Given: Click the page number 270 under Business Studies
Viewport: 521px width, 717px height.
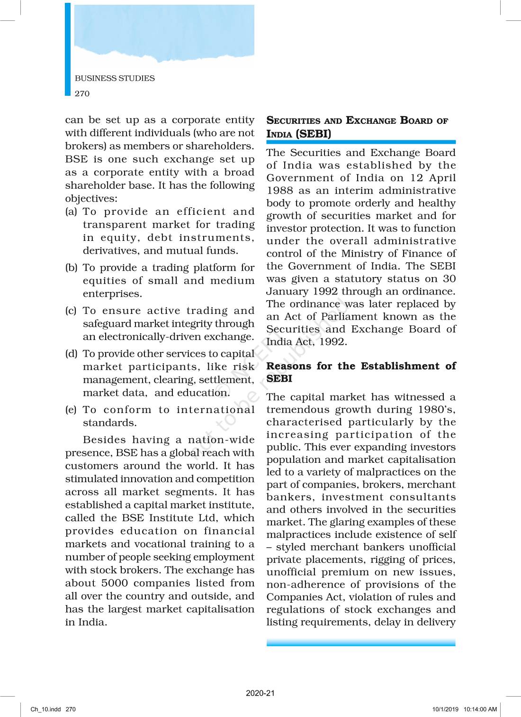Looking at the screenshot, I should pyautogui.click(x=82, y=93).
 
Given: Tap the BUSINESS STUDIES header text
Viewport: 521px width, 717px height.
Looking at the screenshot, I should pyautogui.click(x=115, y=78).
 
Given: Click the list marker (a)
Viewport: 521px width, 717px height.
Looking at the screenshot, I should pyautogui.click(x=71, y=211).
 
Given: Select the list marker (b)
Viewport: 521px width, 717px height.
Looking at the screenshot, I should pyautogui.click(x=71, y=267).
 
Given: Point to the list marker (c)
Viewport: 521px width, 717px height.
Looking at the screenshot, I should pyautogui.click(x=71, y=311).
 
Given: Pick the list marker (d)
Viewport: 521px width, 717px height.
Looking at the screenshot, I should pyautogui.click(x=71, y=354).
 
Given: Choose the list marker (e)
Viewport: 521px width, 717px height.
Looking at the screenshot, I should pyautogui.click(x=71, y=410).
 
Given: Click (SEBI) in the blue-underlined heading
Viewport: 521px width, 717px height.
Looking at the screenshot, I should pyautogui.click(x=313, y=134).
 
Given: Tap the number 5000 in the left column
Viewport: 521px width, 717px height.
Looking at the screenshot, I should pyautogui.click(x=115, y=583).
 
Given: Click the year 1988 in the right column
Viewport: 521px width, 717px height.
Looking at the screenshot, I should pyautogui.click(x=280, y=191).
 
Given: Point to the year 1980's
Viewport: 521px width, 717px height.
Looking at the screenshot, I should pyautogui.click(x=437, y=409).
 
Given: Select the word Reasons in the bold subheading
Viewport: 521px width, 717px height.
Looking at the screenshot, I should pyautogui.click(x=289, y=366).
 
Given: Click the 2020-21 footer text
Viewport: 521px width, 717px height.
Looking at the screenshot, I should pyautogui.click(x=260, y=693).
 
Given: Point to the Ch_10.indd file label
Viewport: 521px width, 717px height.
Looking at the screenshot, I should pyautogui.click(x=46, y=709).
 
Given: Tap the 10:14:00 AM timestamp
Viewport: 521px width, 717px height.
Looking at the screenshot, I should pyautogui.click(x=480, y=709).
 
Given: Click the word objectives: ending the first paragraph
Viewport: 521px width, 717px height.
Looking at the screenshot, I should pyautogui.click(x=91, y=199).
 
